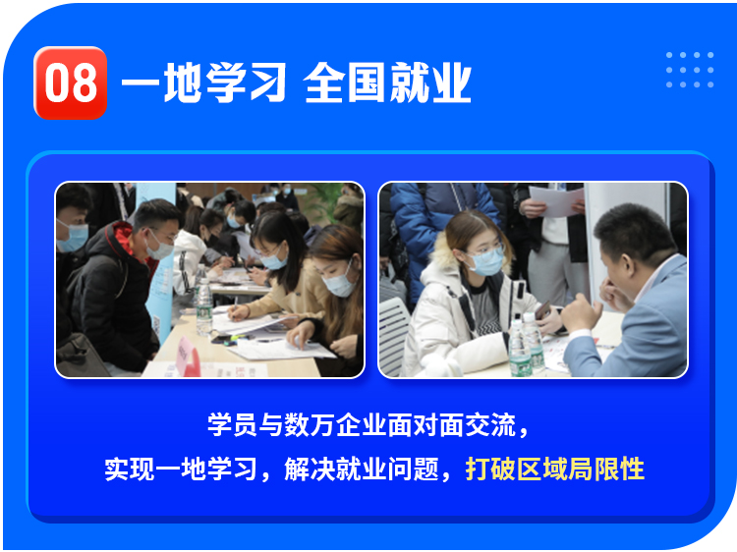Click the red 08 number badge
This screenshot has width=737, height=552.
coord(71,83)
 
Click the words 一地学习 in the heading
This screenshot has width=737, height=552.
coord(204,83)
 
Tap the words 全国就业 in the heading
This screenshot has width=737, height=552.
coord(387,83)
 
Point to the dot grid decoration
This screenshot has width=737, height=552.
coord(690,70)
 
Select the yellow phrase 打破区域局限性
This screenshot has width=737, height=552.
coord(554,469)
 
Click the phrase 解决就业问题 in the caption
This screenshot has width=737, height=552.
coord(362,469)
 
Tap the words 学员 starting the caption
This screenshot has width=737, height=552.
coord(232,424)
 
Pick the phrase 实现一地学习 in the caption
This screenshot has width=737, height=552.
coord(181,469)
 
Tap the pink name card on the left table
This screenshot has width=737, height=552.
coord(187,357)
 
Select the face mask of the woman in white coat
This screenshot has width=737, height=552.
coord(486,261)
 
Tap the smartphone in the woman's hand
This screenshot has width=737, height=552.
coord(543,310)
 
